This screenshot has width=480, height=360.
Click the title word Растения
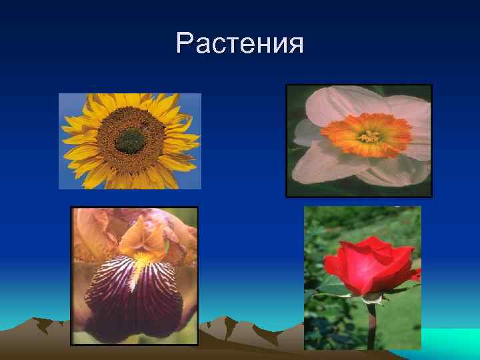coord(240,44)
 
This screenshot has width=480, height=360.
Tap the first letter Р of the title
coord(185,44)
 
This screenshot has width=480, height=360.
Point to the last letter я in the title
coord(295,45)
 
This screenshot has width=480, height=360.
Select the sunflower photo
coord(130,141)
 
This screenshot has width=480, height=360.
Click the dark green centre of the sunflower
coord(131,140)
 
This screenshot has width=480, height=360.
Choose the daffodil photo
coord(359,140)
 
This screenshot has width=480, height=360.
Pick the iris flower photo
coord(135,275)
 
